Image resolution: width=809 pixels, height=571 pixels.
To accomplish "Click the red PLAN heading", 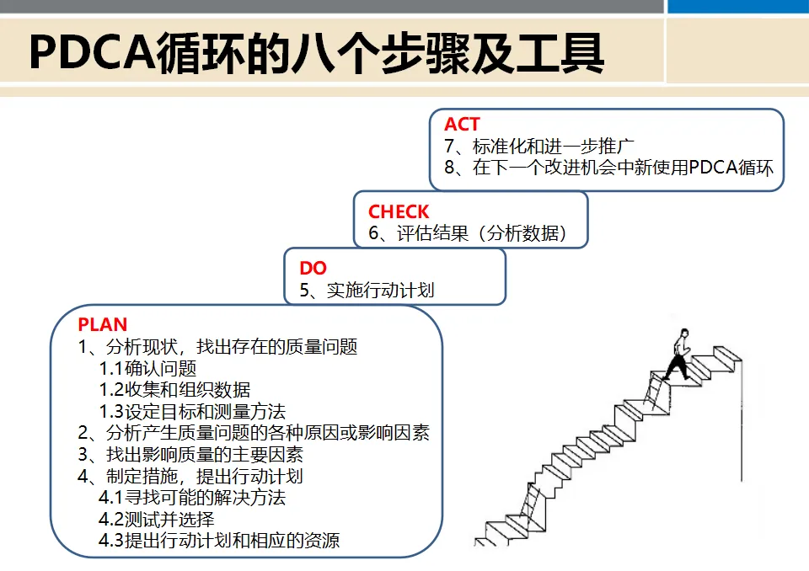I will (103, 325).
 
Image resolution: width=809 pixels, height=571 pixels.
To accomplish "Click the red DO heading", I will (313, 269).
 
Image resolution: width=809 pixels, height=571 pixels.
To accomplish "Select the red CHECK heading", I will (399, 212).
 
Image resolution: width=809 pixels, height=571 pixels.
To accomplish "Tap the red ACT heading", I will (462, 125).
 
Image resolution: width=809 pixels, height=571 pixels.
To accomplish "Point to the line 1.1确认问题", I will (147, 369).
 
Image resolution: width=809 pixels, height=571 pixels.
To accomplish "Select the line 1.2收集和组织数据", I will (174, 390).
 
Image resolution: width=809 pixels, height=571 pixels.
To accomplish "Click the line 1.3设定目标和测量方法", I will (192, 412).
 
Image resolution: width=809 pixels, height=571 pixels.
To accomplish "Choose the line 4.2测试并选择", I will (157, 519).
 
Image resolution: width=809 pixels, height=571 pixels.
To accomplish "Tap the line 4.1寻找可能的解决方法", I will (192, 498).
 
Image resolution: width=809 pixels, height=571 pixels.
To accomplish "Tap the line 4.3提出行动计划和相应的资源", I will (219, 541).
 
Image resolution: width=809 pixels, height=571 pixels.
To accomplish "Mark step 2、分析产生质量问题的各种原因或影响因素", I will (254, 433).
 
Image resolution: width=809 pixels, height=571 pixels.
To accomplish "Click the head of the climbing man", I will (679, 333).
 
